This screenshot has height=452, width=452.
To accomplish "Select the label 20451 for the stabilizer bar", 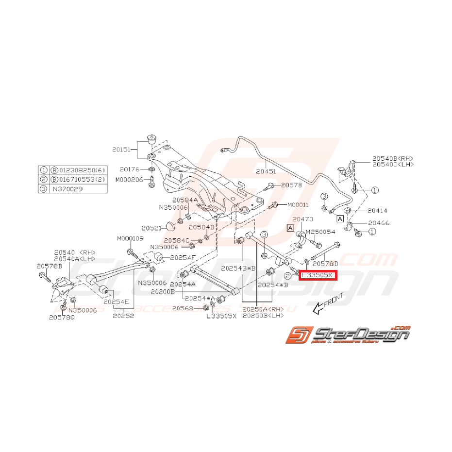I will (266, 171).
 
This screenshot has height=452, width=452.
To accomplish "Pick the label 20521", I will (151, 227).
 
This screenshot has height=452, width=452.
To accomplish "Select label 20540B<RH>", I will (392, 158).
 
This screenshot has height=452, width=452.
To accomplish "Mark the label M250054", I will (321, 232).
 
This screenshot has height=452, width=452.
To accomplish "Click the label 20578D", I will (325, 264).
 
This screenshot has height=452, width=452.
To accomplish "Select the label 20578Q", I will (62, 317).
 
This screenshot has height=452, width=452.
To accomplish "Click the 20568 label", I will (182, 308).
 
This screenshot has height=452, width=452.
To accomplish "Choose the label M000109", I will (130, 239).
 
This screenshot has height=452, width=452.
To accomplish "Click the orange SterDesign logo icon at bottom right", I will (296, 335).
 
